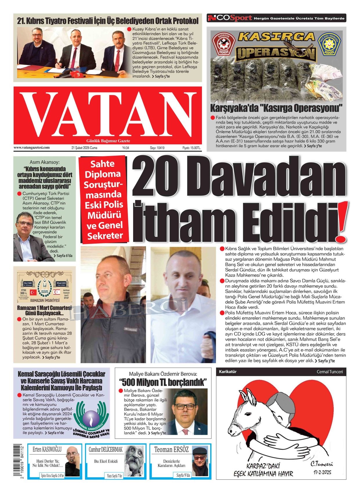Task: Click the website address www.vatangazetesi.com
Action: [31, 148]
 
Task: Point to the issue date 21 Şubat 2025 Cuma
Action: [84, 148]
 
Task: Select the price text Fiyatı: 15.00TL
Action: [191, 148]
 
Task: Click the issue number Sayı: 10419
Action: [157, 148]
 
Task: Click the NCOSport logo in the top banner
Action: [230, 18]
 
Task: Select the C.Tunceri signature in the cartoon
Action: [321, 464]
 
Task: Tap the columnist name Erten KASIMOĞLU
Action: [47, 449]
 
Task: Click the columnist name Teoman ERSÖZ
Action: [171, 450]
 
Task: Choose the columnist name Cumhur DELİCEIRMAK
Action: [106, 450]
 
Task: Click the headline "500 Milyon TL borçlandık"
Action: [163, 382]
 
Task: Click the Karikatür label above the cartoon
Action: [228, 371]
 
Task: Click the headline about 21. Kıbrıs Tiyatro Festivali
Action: [108, 21]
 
